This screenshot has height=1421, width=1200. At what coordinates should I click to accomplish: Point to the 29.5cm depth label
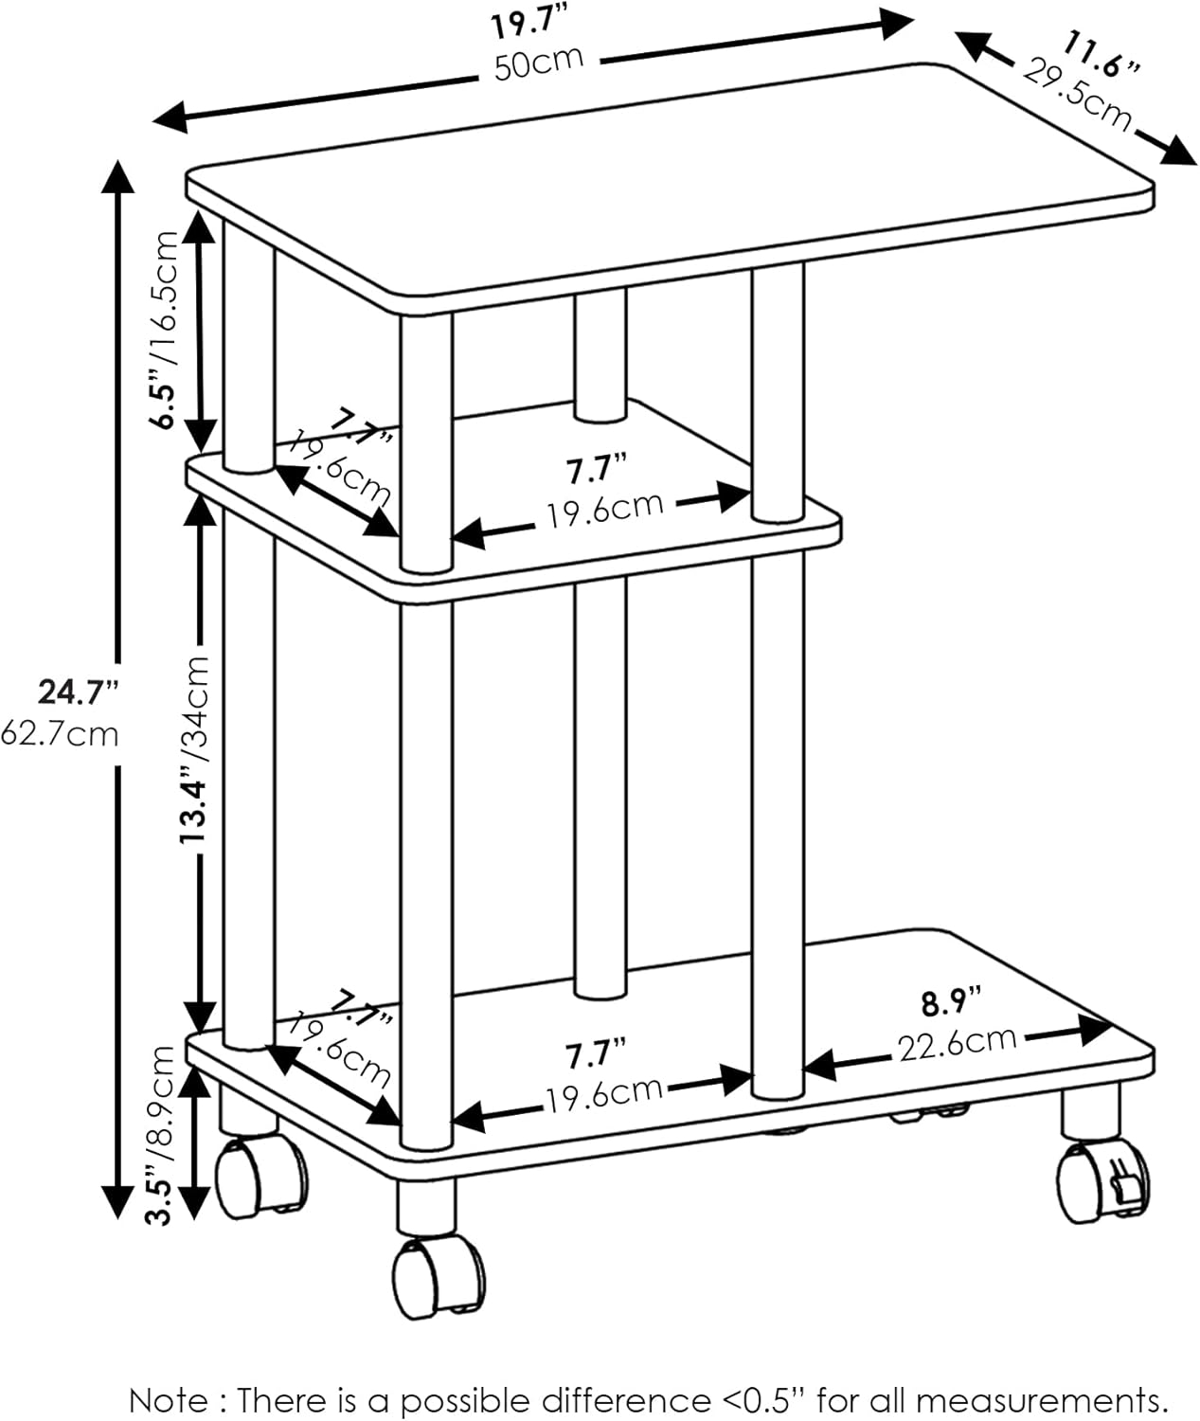pyautogui.click(x=1077, y=96)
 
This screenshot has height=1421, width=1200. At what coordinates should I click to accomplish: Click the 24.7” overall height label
pyautogui.click(x=79, y=693)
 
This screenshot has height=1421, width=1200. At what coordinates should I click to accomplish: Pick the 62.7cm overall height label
pyautogui.click(x=60, y=735)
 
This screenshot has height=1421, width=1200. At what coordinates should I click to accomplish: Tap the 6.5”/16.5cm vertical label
pyautogui.click(x=165, y=330)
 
